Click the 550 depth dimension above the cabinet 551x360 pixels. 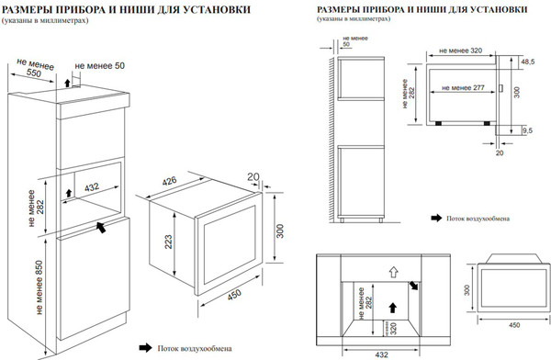coord(34,73)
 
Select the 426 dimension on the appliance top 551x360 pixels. coord(169,181)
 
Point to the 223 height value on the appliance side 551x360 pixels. coord(169,242)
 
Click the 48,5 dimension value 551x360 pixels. coord(528,62)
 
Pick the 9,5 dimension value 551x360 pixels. coord(527,130)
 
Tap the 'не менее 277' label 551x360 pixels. coord(463,88)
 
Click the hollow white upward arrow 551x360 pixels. coord(394,272)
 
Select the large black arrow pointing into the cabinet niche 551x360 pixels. coord(101,227)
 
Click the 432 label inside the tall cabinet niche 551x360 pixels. coord(92,187)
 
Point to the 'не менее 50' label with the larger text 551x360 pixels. coord(100,66)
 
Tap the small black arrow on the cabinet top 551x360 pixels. coord(67,83)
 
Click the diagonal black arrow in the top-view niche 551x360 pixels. coord(414,286)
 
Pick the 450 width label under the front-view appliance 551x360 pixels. coord(514,325)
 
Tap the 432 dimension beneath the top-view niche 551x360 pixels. coord(381,354)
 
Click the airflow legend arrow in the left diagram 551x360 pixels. coord(145,348)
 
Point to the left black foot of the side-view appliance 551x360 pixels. coord(438,123)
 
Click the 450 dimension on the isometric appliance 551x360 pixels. coord(234,295)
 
